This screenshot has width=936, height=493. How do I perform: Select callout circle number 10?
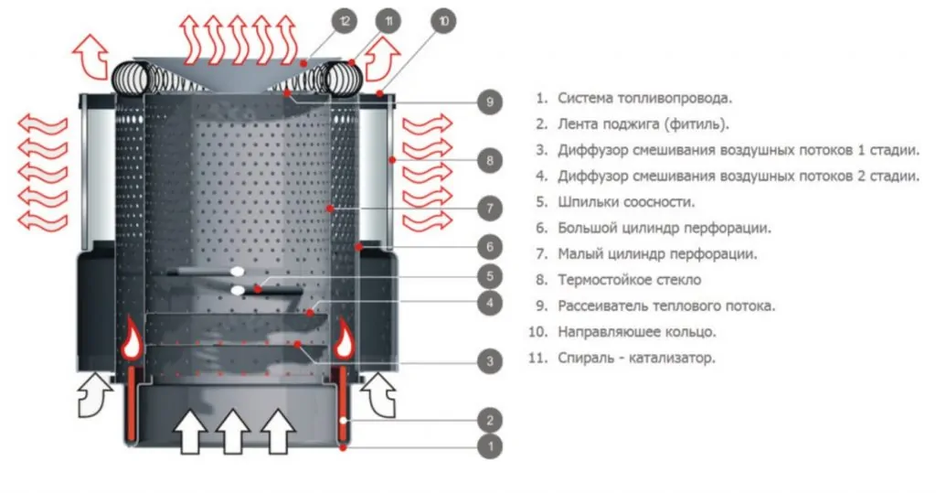tap(443, 21)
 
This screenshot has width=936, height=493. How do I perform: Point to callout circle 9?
tap(490, 102)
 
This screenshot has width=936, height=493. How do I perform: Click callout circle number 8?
tap(490, 161)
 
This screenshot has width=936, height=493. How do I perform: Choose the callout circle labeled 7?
tap(490, 209)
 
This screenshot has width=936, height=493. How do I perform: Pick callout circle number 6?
tap(490, 247)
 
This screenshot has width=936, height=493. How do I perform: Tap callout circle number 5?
tap(490, 274)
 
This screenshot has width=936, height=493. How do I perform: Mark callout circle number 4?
tap(490, 302)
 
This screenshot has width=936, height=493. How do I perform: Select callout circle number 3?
tap(490, 361)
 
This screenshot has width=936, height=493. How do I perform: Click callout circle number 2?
tap(490, 421)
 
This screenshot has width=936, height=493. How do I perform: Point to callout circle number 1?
tap(490, 447)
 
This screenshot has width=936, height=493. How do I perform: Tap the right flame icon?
tap(345, 338)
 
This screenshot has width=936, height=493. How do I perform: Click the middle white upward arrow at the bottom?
tap(233, 431)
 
